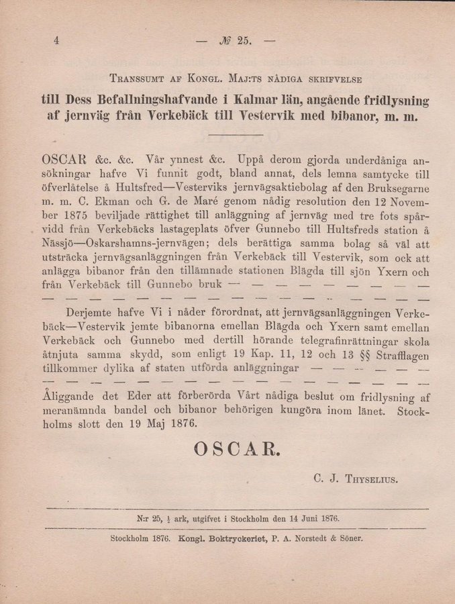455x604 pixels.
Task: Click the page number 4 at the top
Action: [57, 40]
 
